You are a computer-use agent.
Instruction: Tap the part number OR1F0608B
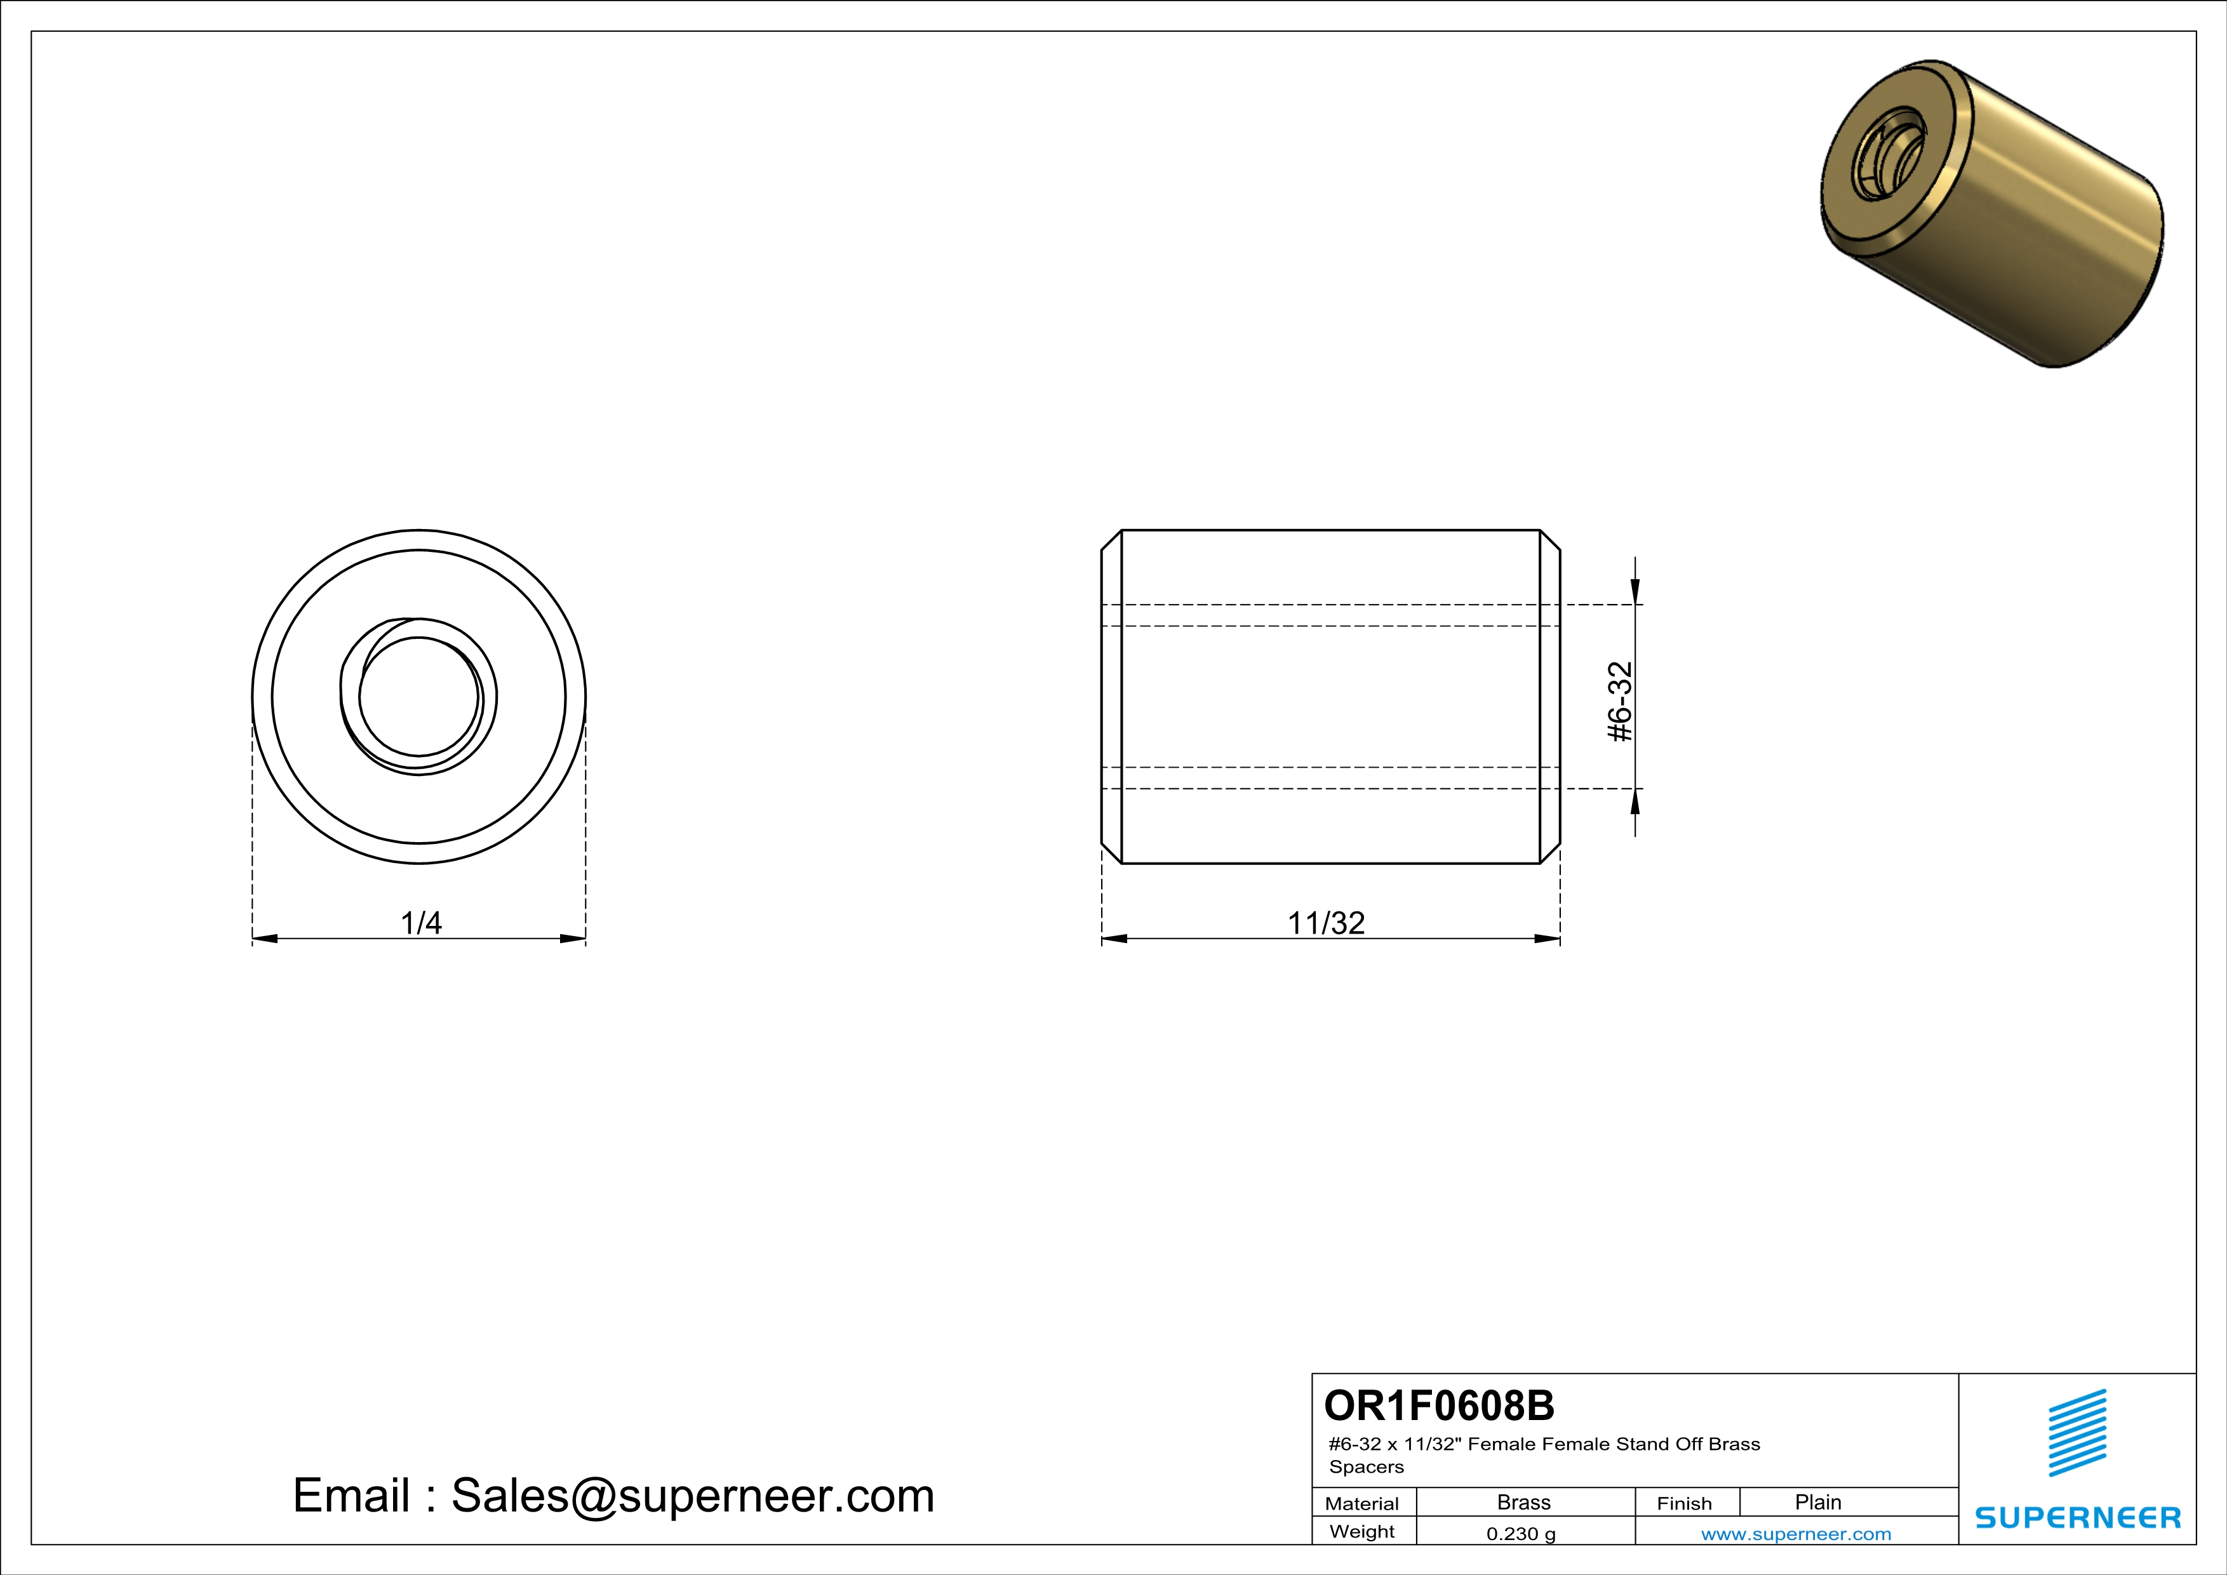coord(1438,1404)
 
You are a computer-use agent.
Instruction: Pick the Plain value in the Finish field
coord(1817,1502)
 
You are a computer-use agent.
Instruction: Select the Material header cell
coord(1362,1503)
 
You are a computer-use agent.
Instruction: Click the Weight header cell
coord(1362,1531)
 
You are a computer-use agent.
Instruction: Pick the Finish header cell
coord(1684,1503)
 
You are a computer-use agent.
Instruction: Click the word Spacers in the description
coord(1366,1466)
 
